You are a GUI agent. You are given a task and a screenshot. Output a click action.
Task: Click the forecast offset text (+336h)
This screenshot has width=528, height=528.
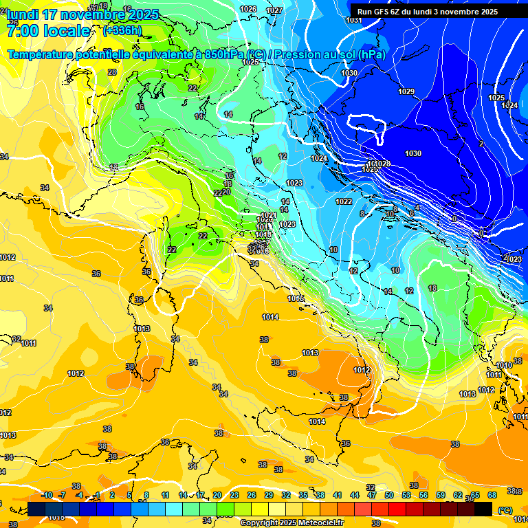(x=122, y=30)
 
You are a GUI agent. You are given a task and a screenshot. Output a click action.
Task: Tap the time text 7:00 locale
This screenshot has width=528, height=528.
(x=48, y=31)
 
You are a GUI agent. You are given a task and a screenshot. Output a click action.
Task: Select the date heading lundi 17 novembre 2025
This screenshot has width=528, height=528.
(x=82, y=14)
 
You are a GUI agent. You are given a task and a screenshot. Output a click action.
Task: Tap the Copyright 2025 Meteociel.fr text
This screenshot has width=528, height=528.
(x=291, y=523)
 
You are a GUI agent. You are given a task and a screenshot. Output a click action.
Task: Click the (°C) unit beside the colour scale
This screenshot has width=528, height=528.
(x=505, y=509)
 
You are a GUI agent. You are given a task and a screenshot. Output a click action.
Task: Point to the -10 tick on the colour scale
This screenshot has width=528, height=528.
(x=47, y=495)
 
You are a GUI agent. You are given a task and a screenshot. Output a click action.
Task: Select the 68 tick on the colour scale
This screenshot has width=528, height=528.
(x=492, y=495)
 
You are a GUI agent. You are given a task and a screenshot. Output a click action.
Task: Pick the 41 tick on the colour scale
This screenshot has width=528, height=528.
(x=338, y=495)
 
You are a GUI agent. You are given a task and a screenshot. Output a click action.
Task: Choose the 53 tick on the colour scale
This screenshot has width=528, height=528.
(x=406, y=495)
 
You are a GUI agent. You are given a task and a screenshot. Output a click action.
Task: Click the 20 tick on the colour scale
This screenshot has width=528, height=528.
(x=217, y=495)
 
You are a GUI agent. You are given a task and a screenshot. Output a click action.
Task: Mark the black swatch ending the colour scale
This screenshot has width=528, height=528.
(x=483, y=509)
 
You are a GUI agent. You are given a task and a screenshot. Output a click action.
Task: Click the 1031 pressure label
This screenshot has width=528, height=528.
(x=353, y=20)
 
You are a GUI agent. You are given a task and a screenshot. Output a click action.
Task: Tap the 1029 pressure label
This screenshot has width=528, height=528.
(x=406, y=91)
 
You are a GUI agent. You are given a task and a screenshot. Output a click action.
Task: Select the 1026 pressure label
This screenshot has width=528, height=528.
(x=248, y=9)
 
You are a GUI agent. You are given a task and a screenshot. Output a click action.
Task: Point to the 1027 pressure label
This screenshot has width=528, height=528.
(x=274, y=10)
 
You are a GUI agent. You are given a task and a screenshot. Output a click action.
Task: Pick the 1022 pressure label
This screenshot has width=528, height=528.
(x=344, y=201)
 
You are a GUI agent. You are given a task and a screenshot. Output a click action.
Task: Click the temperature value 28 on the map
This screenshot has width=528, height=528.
(x=112, y=72)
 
